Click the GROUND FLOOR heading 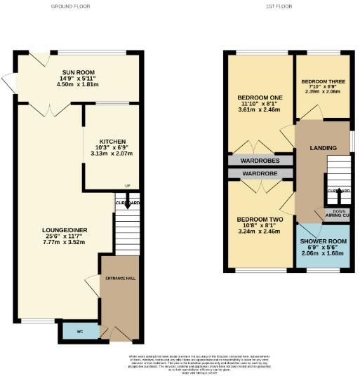(x=71, y=6)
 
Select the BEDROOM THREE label (x=321, y=79)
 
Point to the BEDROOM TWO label (x=259, y=220)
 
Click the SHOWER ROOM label (x=324, y=242)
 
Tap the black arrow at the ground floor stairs (x=127, y=204)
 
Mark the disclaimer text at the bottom (x=180, y=364)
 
